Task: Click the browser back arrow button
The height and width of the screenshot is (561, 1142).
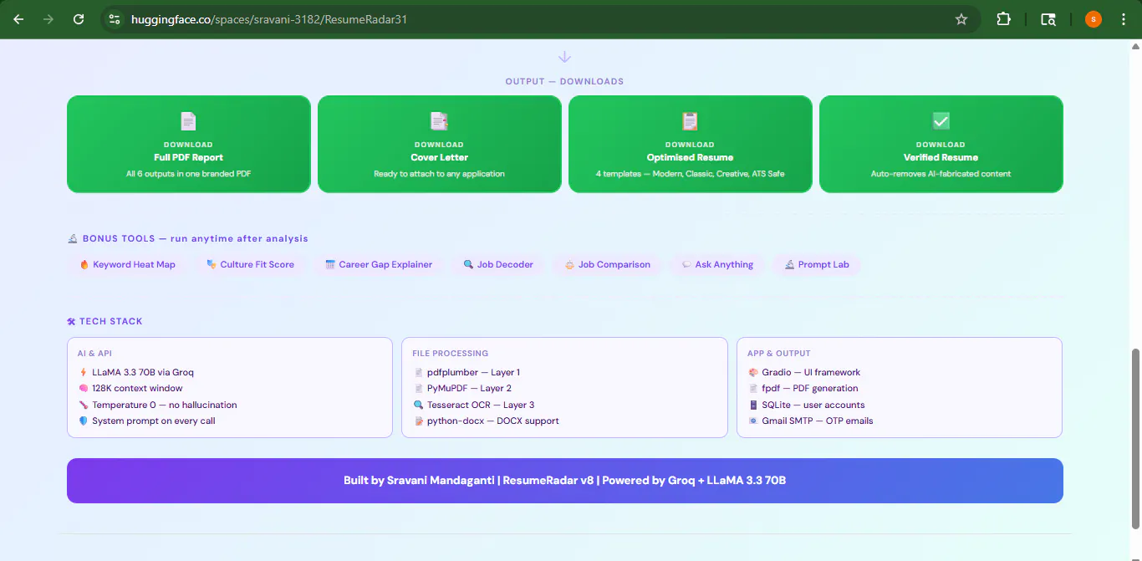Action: click(x=18, y=19)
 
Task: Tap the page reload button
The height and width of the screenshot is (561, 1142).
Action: click(x=79, y=19)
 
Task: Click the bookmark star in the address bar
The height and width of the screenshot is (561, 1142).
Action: click(x=961, y=19)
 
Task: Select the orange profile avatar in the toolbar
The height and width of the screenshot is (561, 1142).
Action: click(x=1093, y=19)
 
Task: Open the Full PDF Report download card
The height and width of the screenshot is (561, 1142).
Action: click(x=189, y=144)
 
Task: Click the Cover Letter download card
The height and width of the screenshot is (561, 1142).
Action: click(x=440, y=144)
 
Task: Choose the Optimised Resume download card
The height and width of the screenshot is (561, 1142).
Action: click(x=691, y=144)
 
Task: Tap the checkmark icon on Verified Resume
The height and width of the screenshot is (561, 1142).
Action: click(x=941, y=121)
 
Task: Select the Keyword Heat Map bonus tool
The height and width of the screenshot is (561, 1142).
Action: click(x=127, y=264)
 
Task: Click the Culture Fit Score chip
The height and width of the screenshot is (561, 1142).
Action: click(x=250, y=264)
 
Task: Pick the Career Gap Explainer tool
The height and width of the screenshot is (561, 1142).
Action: click(x=379, y=264)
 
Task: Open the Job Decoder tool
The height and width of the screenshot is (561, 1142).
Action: click(x=498, y=264)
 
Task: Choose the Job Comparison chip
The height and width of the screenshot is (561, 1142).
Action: click(x=607, y=264)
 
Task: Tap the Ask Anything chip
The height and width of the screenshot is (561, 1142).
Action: click(x=717, y=264)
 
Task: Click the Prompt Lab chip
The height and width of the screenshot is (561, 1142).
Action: click(x=817, y=264)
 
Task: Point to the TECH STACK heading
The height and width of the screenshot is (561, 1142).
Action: click(x=105, y=321)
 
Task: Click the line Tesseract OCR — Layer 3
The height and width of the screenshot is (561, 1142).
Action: click(x=481, y=405)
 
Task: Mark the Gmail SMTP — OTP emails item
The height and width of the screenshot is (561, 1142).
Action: click(x=818, y=421)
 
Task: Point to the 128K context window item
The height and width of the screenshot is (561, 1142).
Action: click(x=137, y=388)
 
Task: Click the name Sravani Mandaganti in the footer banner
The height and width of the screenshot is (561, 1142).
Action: click(x=441, y=481)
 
